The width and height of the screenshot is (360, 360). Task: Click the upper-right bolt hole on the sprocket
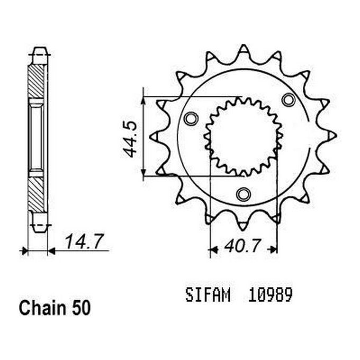click(289, 99)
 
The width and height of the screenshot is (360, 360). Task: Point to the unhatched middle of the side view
click(37, 137)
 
